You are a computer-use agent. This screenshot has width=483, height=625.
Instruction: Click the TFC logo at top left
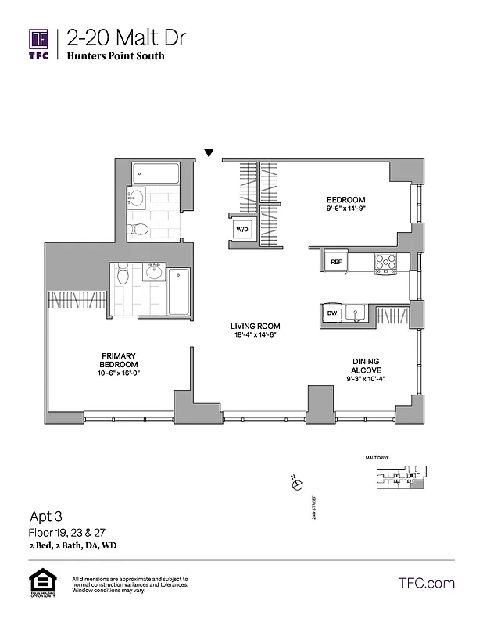pyautogui.click(x=39, y=43)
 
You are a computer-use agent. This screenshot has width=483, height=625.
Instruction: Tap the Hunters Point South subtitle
pyautogui.click(x=116, y=57)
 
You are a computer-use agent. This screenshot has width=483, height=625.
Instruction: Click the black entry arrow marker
pyautogui.click(x=209, y=153)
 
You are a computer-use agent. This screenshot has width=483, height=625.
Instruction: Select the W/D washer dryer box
pyautogui.click(x=241, y=230)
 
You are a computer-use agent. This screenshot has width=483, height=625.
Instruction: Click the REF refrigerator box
pyautogui.click(x=336, y=262)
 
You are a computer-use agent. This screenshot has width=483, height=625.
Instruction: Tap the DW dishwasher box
pyautogui.click(x=331, y=313)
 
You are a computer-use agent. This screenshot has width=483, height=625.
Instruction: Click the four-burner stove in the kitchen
pyautogui.click(x=385, y=262)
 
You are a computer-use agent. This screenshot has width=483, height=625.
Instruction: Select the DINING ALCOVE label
pyautogui.click(x=366, y=366)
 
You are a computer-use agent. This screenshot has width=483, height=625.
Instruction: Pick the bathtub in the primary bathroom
pyautogui.click(x=180, y=291)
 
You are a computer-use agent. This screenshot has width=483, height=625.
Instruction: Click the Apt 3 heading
pyautogui.click(x=45, y=516)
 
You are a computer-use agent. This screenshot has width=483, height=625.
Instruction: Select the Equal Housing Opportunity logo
pyautogui.click(x=40, y=584)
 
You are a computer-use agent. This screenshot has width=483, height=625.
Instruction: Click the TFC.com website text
pyautogui.click(x=426, y=583)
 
